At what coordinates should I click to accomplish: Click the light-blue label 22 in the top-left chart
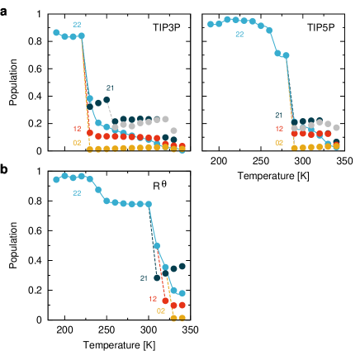click(x=77, y=25)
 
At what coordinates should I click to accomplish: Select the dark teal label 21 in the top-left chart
click(x=110, y=88)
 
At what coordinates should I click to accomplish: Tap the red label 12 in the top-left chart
click(x=77, y=129)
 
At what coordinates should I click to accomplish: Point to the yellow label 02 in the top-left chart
click(x=77, y=143)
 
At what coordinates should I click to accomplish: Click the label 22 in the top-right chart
click(x=239, y=35)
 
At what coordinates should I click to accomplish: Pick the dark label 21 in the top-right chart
click(x=279, y=116)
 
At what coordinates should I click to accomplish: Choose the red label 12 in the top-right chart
click(x=279, y=129)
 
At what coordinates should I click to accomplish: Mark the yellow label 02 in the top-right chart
click(x=279, y=143)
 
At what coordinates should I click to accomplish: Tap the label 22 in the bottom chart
click(x=77, y=193)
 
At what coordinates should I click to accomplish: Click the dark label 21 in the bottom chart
click(x=144, y=278)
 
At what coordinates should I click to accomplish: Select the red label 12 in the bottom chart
click(x=153, y=299)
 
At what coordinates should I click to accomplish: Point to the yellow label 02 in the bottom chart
click(x=161, y=311)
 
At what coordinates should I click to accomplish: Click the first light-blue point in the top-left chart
click(x=56, y=32)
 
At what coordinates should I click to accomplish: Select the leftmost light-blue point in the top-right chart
click(x=211, y=24)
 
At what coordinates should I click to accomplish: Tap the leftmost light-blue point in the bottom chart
click(x=56, y=179)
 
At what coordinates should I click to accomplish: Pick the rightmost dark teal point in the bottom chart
click(x=182, y=266)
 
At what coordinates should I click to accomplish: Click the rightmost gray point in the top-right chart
click(x=336, y=127)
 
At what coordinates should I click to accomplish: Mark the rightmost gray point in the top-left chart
click(x=173, y=130)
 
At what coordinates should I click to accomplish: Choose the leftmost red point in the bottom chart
click(x=165, y=301)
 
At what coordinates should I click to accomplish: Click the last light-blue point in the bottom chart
click(x=182, y=293)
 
